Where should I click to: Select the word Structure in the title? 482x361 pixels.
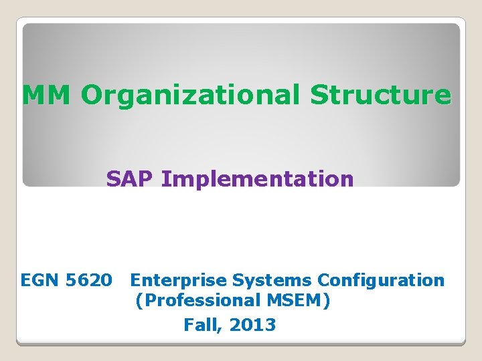(x=380, y=96)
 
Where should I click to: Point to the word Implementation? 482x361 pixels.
(x=258, y=179)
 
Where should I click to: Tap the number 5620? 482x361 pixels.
(x=90, y=280)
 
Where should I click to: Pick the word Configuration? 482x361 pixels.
(x=381, y=280)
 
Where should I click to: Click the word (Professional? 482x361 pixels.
(x=193, y=302)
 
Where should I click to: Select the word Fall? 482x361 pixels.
(x=203, y=325)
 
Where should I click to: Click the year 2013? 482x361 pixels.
(x=252, y=325)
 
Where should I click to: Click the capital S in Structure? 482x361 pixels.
(x=318, y=96)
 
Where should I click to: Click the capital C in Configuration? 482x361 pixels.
(x=324, y=280)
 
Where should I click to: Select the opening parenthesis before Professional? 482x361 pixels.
(x=139, y=302)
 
